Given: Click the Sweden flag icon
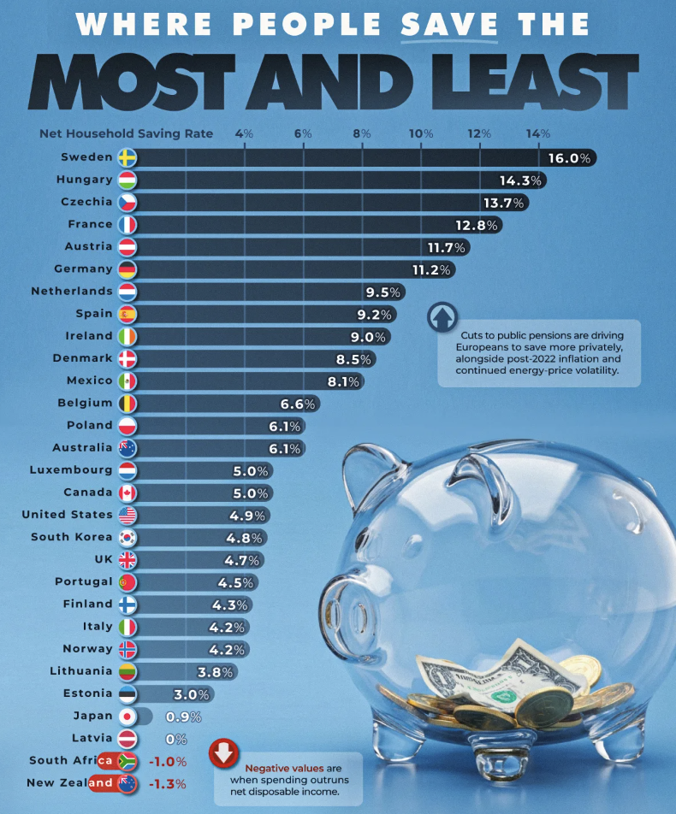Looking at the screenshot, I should coord(127,157).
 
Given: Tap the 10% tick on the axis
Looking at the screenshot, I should coord(420,133).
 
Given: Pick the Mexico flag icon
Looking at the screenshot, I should coord(127,380).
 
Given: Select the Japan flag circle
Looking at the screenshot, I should coord(127,717).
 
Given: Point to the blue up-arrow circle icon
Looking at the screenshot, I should coord(442,318).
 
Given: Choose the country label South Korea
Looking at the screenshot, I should coord(71,537).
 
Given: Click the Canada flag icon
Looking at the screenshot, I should coord(127,493).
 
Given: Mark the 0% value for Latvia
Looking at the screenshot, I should coord(176,738).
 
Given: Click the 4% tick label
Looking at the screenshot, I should coord(244,133).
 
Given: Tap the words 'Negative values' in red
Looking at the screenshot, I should coord(273,768).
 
